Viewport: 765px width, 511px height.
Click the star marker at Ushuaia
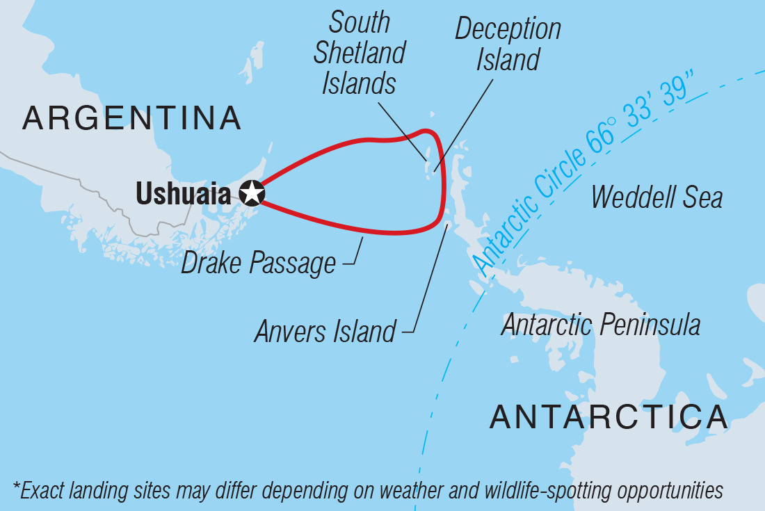(252, 193)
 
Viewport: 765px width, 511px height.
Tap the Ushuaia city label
(183, 193)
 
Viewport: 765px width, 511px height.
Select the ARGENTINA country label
(132, 119)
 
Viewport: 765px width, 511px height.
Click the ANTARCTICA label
(609, 417)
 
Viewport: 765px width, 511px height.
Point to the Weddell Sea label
(657, 197)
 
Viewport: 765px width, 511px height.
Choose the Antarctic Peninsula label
(600, 325)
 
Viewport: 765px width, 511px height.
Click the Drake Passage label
(259, 264)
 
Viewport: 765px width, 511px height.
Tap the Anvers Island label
(325, 332)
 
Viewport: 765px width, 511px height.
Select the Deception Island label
(508, 44)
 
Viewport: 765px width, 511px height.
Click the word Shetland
(360, 54)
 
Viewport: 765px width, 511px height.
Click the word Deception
(508, 30)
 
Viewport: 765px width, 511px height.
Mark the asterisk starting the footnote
(16, 489)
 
